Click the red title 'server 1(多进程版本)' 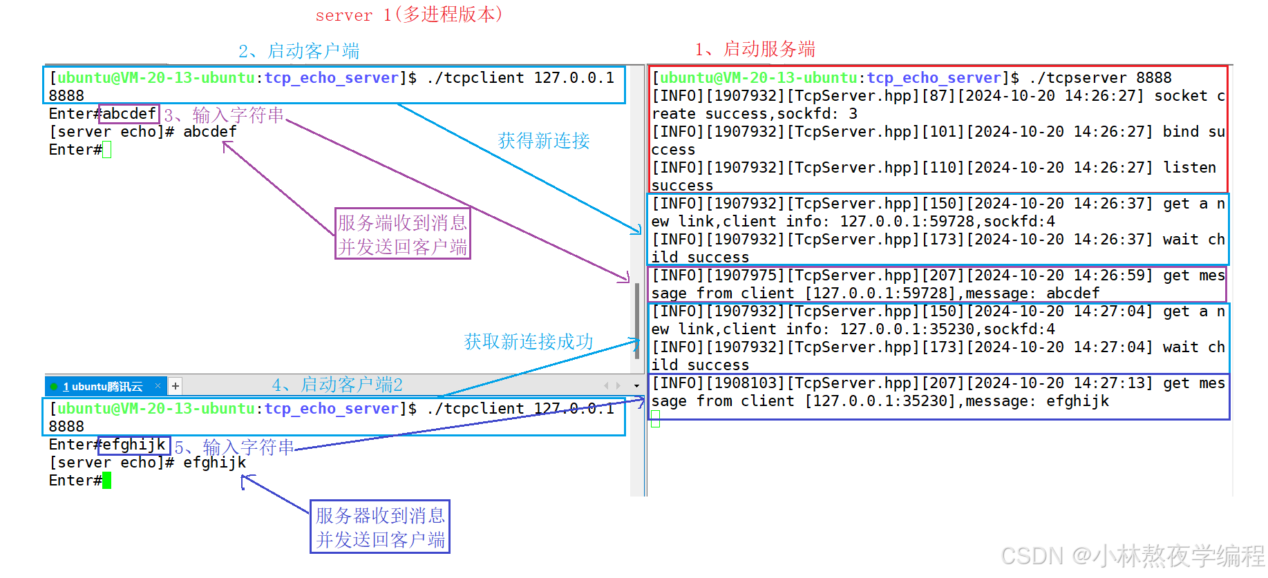click(x=408, y=15)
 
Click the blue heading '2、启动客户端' click(x=299, y=51)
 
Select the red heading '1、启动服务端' click(x=755, y=49)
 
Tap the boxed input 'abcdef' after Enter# click(x=129, y=113)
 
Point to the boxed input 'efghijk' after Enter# click(x=134, y=444)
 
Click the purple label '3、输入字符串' click(x=224, y=115)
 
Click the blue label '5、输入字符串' click(x=234, y=447)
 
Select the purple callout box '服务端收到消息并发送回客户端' click(x=402, y=233)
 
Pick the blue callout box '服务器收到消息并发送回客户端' click(x=380, y=527)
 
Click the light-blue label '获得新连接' click(x=544, y=141)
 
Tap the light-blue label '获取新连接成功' click(x=529, y=342)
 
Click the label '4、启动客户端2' click(x=337, y=385)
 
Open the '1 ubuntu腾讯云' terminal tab click(x=104, y=386)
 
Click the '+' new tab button click(x=176, y=386)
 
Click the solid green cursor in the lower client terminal click(x=106, y=481)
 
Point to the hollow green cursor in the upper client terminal click(x=106, y=150)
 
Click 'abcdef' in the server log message click(x=1072, y=293)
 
